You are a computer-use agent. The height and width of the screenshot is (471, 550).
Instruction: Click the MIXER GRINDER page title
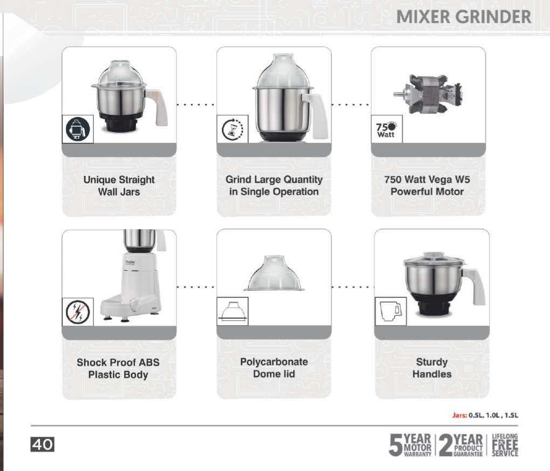464,17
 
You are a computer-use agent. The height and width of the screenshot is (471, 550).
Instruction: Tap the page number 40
43,445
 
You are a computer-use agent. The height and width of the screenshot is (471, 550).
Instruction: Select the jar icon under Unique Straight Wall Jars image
78,129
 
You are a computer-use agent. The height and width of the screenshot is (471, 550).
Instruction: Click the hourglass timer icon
233,129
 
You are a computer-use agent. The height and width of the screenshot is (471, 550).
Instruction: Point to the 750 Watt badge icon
386,130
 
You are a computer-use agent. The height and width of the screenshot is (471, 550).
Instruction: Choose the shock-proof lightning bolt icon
78,312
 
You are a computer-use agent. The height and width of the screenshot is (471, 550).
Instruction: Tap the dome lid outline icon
233,311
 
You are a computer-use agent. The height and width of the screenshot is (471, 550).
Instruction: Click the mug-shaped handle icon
390,311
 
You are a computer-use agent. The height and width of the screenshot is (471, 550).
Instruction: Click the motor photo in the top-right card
427,94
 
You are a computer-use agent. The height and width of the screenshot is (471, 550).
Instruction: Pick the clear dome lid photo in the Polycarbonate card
274,273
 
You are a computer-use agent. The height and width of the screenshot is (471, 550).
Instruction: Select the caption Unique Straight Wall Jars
119,186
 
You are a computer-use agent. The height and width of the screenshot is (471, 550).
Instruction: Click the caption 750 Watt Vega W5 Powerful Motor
427,186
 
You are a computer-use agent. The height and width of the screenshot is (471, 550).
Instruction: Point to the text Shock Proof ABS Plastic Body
118,368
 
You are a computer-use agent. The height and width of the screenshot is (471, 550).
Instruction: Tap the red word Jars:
459,415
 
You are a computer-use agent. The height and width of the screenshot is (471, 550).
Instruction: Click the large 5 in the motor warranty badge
396,445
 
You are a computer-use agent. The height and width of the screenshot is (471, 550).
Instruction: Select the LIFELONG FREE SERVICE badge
505,445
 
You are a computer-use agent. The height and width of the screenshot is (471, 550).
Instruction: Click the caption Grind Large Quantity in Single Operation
274,186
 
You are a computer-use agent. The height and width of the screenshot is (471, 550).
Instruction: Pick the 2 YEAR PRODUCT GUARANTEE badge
461,445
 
